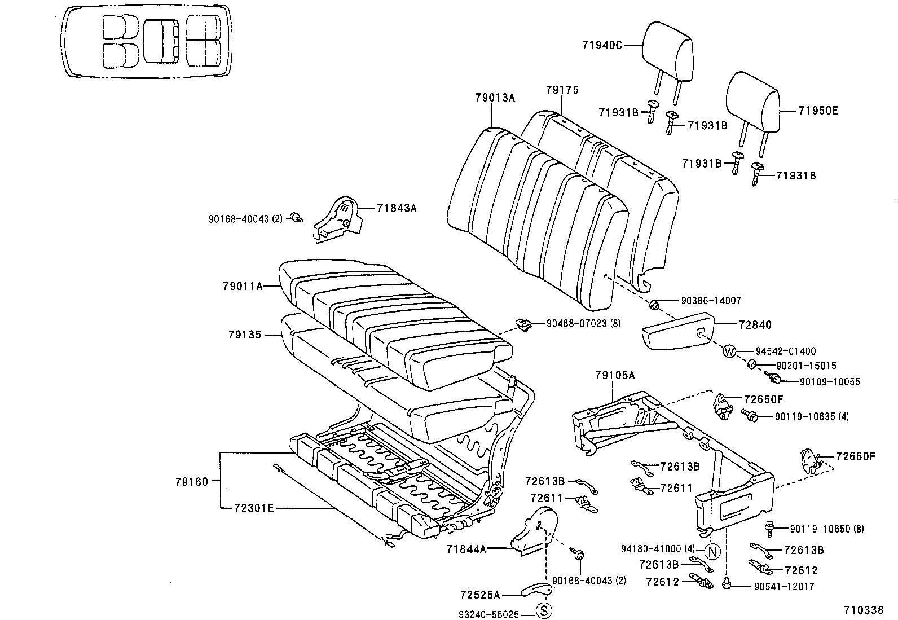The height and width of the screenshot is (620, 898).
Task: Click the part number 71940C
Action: click(x=602, y=46)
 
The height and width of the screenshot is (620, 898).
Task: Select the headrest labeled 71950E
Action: click(x=752, y=102)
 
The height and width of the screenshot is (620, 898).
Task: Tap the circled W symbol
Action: click(x=729, y=351)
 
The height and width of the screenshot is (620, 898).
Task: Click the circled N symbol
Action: click(x=712, y=551)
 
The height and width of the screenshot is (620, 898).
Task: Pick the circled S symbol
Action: click(x=543, y=610)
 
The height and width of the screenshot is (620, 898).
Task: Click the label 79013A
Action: click(x=495, y=98)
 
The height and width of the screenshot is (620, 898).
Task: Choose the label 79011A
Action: click(x=243, y=287)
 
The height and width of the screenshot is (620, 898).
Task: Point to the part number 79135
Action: click(x=245, y=335)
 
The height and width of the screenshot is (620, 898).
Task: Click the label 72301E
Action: click(x=254, y=508)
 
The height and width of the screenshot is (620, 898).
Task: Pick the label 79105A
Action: click(x=614, y=375)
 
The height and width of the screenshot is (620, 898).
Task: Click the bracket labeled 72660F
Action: click(x=810, y=460)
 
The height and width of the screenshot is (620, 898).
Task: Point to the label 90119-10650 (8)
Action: click(x=826, y=529)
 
